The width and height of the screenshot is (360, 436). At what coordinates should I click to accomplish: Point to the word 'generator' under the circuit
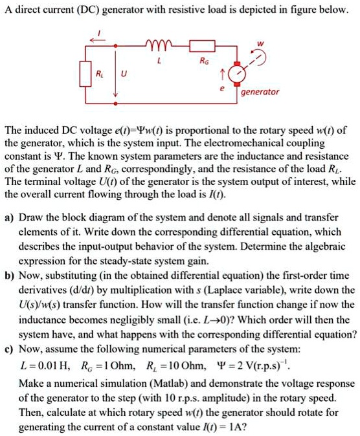[x=260, y=92]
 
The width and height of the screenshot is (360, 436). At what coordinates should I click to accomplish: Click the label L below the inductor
[x=159, y=63]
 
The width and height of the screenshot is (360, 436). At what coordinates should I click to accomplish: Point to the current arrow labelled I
[x=99, y=38]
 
